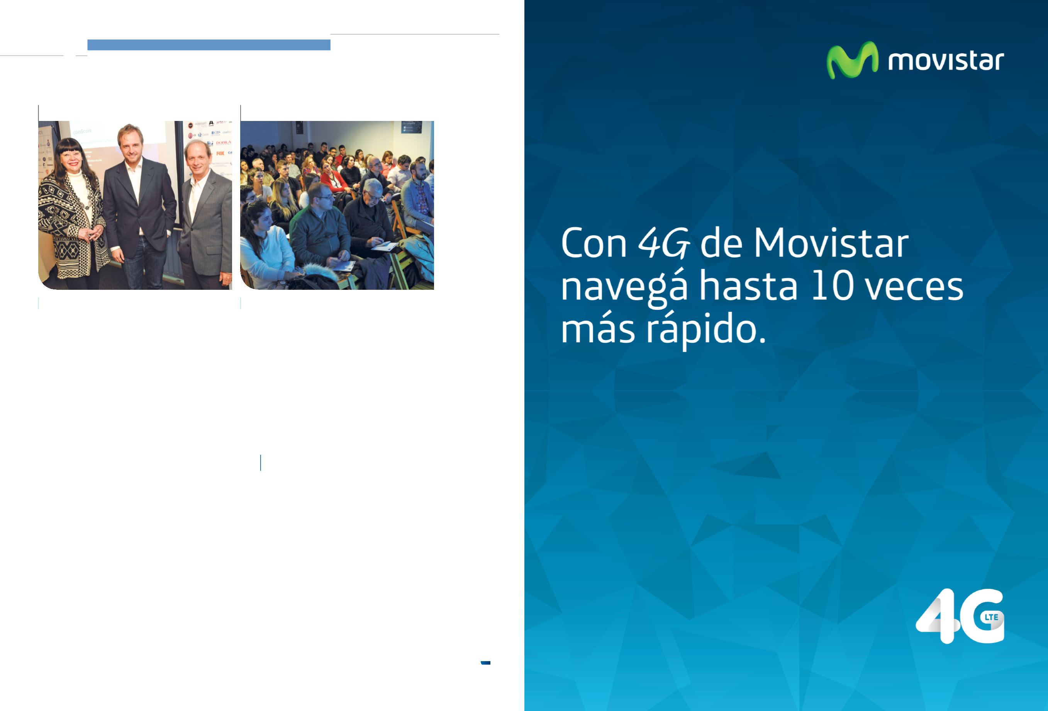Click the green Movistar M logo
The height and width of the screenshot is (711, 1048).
[x=852, y=60]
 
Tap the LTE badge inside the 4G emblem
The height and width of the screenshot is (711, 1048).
[x=991, y=617]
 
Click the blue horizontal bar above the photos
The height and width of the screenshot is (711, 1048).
[x=209, y=45]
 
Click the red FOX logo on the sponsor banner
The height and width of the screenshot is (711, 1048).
[x=220, y=153]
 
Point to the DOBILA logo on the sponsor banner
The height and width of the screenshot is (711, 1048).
[x=223, y=143]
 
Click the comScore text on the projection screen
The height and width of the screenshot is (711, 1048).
[x=83, y=131]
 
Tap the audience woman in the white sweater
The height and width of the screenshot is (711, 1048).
[x=266, y=243]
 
